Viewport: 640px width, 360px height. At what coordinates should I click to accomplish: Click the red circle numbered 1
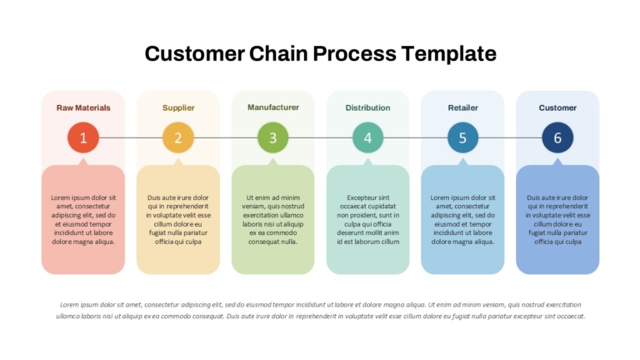click(x=83, y=137)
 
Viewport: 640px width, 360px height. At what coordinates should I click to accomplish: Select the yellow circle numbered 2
click(x=178, y=137)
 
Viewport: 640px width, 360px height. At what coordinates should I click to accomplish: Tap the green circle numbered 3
click(x=273, y=137)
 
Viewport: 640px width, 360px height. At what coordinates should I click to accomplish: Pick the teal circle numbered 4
click(x=367, y=137)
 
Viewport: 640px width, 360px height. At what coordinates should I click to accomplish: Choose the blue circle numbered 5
click(x=462, y=137)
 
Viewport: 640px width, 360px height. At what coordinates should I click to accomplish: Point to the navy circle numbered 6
click(x=557, y=137)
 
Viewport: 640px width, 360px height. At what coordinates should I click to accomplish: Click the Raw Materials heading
click(x=83, y=107)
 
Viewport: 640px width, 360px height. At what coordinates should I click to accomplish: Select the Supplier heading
click(x=178, y=108)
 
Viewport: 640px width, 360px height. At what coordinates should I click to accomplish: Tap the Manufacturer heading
click(x=273, y=107)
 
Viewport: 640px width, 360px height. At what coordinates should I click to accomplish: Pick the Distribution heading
click(x=367, y=107)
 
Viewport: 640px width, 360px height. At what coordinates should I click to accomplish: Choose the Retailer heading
click(x=462, y=107)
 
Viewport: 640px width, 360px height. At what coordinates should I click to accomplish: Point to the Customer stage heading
click(x=557, y=107)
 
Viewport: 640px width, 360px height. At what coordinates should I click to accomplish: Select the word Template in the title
click(x=448, y=54)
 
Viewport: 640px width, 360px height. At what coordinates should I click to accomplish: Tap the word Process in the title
click(x=354, y=53)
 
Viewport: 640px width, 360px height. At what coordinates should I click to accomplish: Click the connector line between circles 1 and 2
click(x=131, y=137)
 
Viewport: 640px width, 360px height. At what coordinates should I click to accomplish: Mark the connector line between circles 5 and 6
click(x=510, y=137)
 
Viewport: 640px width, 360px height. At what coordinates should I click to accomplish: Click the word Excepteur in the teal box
click(x=361, y=197)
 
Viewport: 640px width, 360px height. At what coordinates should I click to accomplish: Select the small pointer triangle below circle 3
click(x=273, y=162)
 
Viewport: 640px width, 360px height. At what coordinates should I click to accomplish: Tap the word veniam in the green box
click(x=253, y=207)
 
